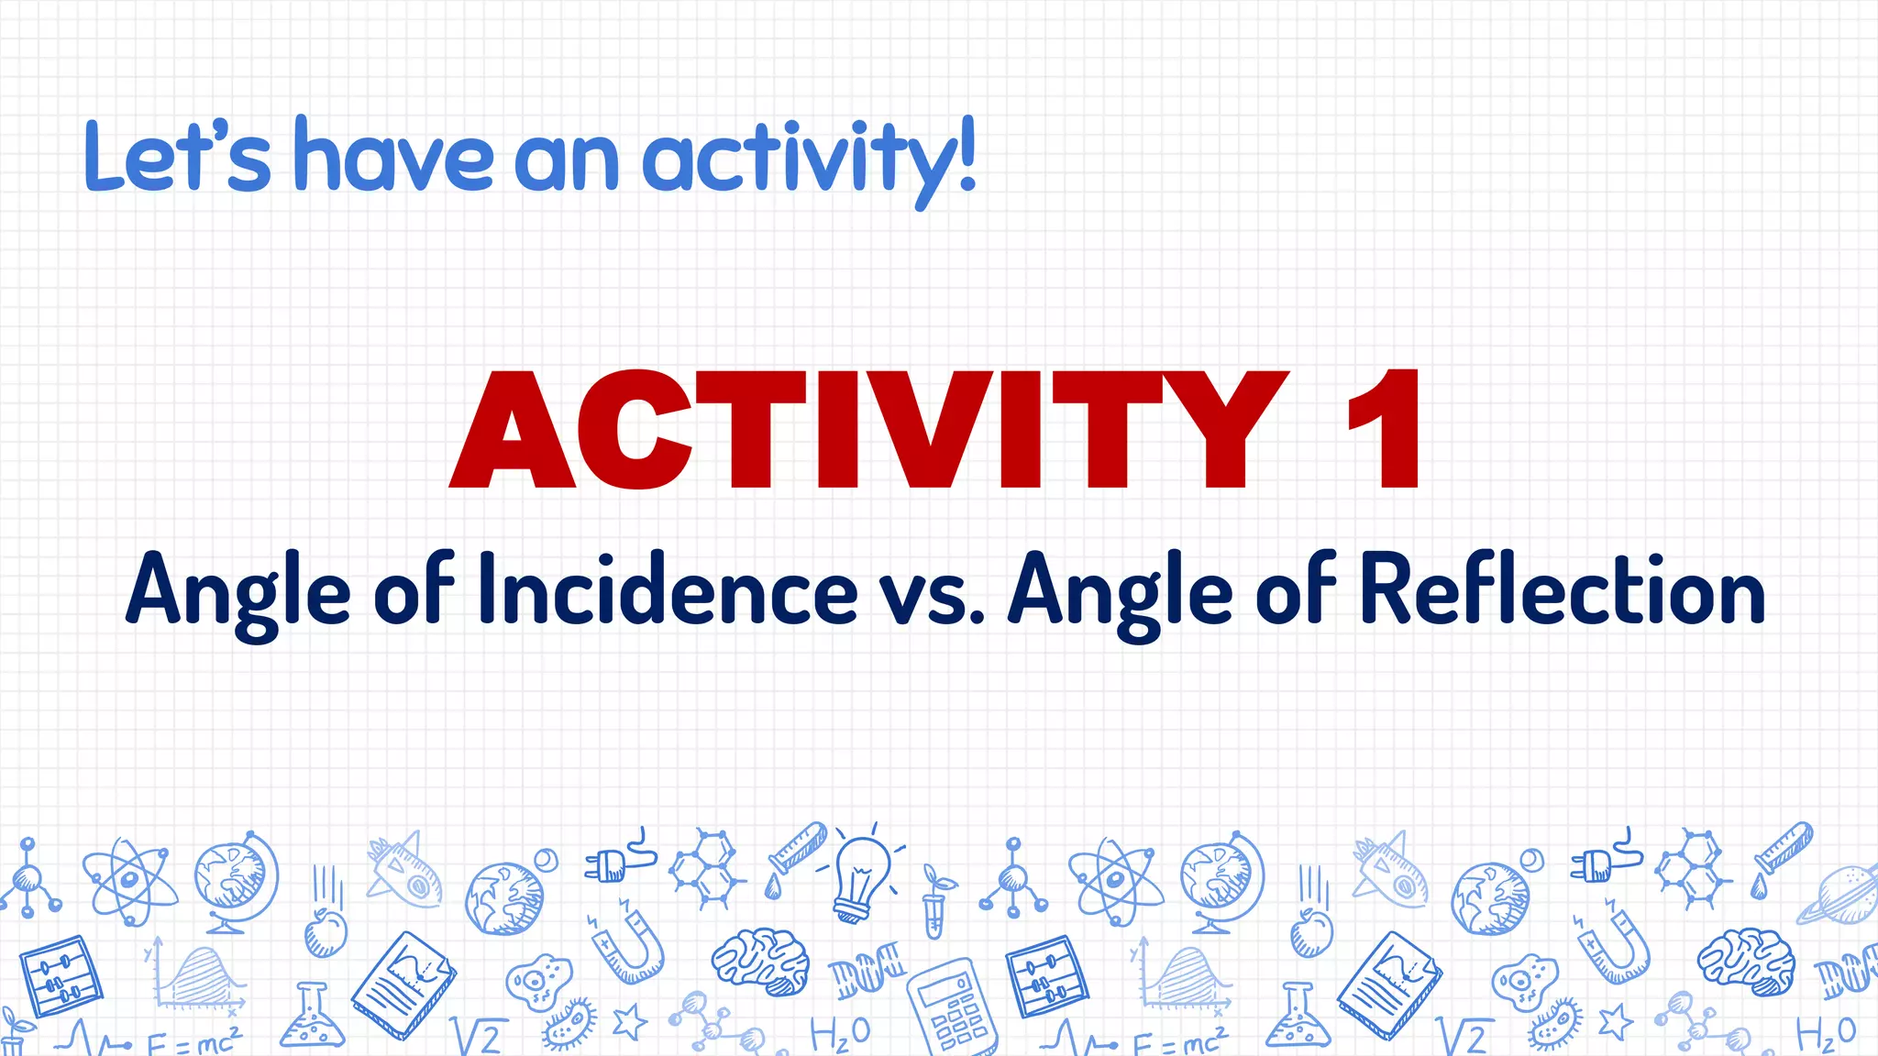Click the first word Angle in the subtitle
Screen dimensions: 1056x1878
238,592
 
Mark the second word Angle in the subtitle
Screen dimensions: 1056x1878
1120,592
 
